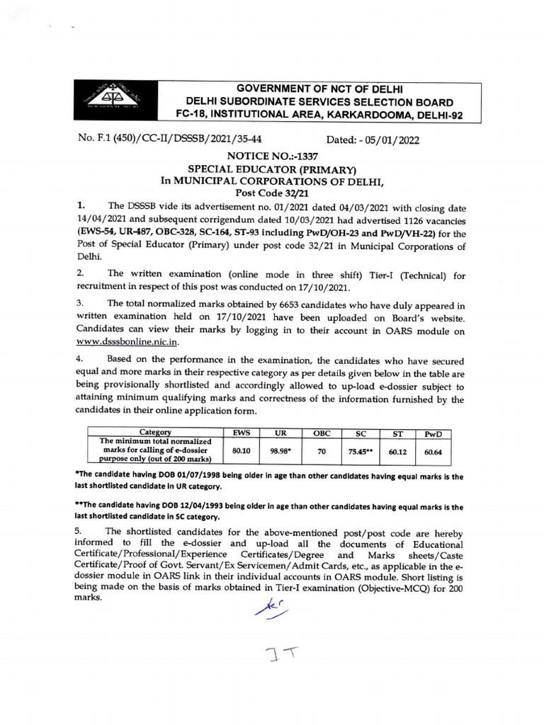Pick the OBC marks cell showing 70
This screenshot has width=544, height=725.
(x=322, y=449)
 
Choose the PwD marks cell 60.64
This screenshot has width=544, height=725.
(x=433, y=449)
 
